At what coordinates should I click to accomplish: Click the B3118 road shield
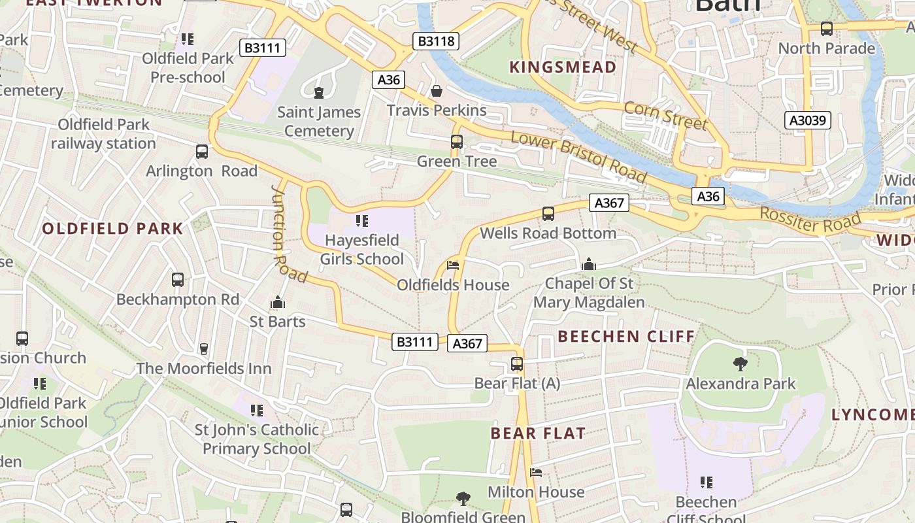click(436, 41)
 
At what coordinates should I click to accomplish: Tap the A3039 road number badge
click(808, 120)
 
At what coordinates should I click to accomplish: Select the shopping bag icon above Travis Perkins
click(436, 90)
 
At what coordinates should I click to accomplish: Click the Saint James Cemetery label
click(318, 122)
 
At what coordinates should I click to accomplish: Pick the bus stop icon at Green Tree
click(457, 141)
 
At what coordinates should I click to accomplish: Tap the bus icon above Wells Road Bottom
click(548, 213)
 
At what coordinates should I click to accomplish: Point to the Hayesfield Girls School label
click(361, 250)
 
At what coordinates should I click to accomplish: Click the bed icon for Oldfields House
click(453, 265)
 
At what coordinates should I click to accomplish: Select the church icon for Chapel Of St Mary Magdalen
click(588, 264)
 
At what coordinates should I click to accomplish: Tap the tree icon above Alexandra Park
click(740, 363)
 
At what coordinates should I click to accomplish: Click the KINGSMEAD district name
click(563, 67)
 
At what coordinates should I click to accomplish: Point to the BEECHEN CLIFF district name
click(626, 337)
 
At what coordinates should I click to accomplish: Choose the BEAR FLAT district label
click(538, 433)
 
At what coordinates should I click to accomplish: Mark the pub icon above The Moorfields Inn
click(204, 348)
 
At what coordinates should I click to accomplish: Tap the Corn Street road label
click(665, 116)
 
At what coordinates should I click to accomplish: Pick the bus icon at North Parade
click(827, 29)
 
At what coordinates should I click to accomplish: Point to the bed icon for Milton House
click(536, 472)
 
